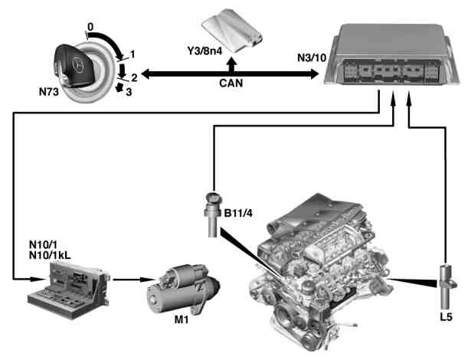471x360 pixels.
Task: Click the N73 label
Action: coord(49,92)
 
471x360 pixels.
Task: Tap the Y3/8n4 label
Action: coord(204,51)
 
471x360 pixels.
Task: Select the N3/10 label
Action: coord(312,57)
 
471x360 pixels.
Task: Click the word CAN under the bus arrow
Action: coord(231,83)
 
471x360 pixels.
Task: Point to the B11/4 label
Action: coord(238,214)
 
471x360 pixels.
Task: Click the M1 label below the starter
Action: coord(182,320)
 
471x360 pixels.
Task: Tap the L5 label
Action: coord(446,317)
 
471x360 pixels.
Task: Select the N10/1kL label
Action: coord(50,255)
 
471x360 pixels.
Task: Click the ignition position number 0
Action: coord(90,27)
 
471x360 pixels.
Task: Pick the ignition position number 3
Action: coord(129,92)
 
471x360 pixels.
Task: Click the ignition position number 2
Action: coord(134,78)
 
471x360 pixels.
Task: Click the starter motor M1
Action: coord(183,289)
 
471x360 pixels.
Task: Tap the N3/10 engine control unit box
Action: coord(392,54)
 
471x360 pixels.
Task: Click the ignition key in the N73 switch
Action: coord(74,66)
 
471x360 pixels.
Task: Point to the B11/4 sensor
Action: coord(213,214)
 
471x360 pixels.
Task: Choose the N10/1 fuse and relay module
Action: coord(68,289)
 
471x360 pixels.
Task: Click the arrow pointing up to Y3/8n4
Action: coord(231,64)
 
